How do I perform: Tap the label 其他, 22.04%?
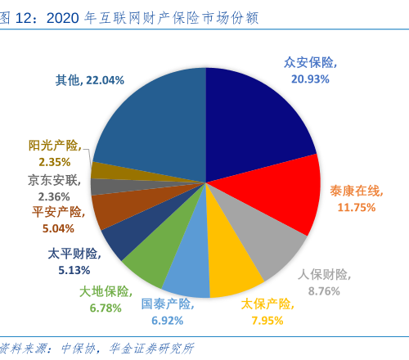click(90, 80)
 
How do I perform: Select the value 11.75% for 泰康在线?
click(356, 207)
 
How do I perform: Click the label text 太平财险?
click(72, 253)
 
